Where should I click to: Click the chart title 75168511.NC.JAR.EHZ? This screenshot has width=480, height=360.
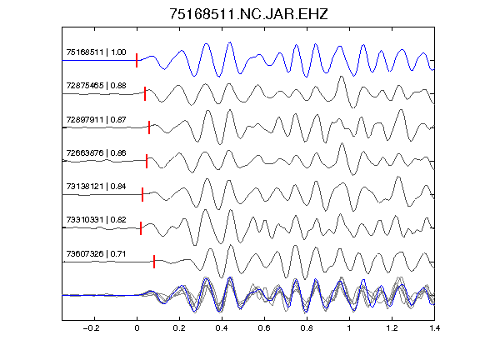tap(248, 14)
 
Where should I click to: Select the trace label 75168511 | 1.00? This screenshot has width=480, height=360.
tap(96, 52)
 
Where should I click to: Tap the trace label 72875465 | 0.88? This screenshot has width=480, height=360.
tap(96, 85)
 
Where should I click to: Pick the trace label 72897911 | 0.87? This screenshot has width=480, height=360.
tap(96, 119)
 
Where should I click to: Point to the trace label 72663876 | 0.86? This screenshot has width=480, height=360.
tap(96, 152)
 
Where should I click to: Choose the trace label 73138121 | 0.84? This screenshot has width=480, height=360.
tap(96, 186)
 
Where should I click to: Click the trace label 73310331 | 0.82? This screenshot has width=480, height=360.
tap(96, 219)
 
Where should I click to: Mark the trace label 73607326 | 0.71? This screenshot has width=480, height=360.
tap(96, 254)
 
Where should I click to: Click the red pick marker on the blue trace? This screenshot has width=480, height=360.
tap(137, 60)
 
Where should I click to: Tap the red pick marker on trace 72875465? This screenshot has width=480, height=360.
tap(145, 93)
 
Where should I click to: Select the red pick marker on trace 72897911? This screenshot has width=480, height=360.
tap(149, 127)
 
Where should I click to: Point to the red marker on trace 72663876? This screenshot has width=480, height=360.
tap(147, 161)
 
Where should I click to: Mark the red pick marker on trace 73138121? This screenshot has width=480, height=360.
tap(142, 194)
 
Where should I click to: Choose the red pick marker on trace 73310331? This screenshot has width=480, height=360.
tap(141, 228)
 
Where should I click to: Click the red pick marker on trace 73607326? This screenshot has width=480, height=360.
tap(154, 262)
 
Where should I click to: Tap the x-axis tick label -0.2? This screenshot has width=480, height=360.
tap(92, 328)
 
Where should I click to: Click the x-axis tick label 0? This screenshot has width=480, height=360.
tap(137, 328)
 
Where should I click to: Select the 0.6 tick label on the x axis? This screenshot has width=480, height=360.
tap(264, 328)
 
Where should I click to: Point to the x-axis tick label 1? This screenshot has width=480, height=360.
tap(349, 328)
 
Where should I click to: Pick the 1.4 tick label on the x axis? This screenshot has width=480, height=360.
tap(434, 328)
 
